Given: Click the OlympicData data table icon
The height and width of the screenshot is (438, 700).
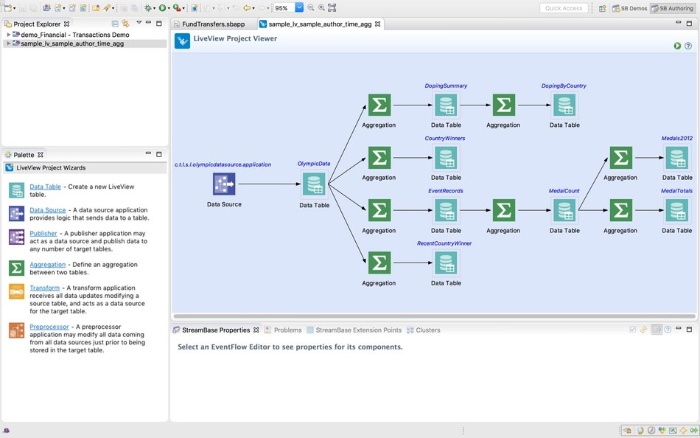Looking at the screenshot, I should pos(314,184).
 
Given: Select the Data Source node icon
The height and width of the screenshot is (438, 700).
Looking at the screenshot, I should pos(224,184).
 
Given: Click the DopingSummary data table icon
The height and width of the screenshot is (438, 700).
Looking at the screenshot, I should pos(446,105).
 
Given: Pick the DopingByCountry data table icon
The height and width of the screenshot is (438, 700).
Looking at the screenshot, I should pos(564,105).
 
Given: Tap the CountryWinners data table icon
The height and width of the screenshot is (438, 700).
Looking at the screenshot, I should pos(446,158).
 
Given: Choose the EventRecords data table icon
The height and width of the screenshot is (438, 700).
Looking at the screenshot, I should pos(446,211).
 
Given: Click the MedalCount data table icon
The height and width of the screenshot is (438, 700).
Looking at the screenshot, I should pos(564,211).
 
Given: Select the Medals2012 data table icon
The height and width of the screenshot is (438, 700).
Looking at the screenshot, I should pos(676,158).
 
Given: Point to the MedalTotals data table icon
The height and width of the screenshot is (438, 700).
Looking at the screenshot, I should pos(676,211).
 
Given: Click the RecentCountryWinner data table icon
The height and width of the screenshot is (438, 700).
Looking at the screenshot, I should pos(446,263).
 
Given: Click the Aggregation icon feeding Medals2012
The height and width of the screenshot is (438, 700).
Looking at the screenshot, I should pos(620,158).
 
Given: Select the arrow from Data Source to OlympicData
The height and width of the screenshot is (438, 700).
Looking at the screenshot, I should pos(269,184).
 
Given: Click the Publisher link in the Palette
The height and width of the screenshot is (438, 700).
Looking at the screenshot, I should pos(43,234).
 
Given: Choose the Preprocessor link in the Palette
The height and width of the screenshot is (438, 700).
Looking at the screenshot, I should pos(49,327).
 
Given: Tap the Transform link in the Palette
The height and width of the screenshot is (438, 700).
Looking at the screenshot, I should pos(44,288).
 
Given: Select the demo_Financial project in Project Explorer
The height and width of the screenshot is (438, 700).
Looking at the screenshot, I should pos(74,35).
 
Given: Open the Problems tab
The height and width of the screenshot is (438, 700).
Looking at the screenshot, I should pos(287,330).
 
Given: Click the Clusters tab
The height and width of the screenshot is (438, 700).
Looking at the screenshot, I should pos(427,330).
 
